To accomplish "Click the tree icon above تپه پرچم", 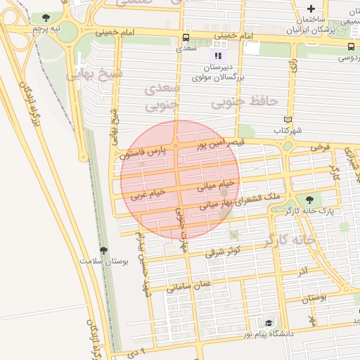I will (x=46, y=18).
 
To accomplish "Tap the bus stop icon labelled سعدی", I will (x=186, y=38).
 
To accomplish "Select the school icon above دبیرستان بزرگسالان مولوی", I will (x=218, y=54).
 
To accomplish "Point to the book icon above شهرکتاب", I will (x=288, y=120).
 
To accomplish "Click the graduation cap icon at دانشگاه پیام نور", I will (x=268, y=323).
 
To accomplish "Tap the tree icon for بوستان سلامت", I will (x=104, y=250).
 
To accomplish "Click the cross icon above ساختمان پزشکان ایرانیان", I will (x=311, y=8).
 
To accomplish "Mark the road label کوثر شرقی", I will (x=224, y=251).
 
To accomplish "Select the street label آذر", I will (x=302, y=271).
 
